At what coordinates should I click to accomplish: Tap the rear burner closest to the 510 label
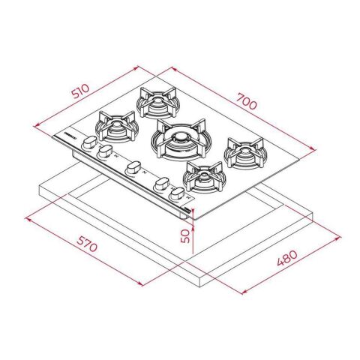[155, 101]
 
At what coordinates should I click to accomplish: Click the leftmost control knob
[88, 142]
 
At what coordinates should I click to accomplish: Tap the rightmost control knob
[178, 194]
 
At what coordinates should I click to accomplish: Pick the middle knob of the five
[133, 167]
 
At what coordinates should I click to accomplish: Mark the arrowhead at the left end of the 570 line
[27, 218]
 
